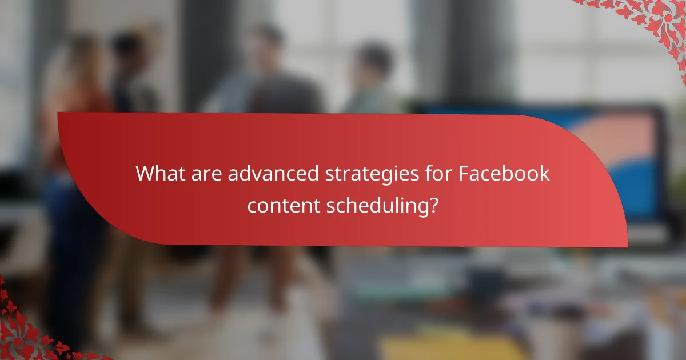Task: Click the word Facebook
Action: tap(504, 174)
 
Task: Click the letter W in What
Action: tap(145, 174)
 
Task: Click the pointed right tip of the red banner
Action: tap(627, 246)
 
